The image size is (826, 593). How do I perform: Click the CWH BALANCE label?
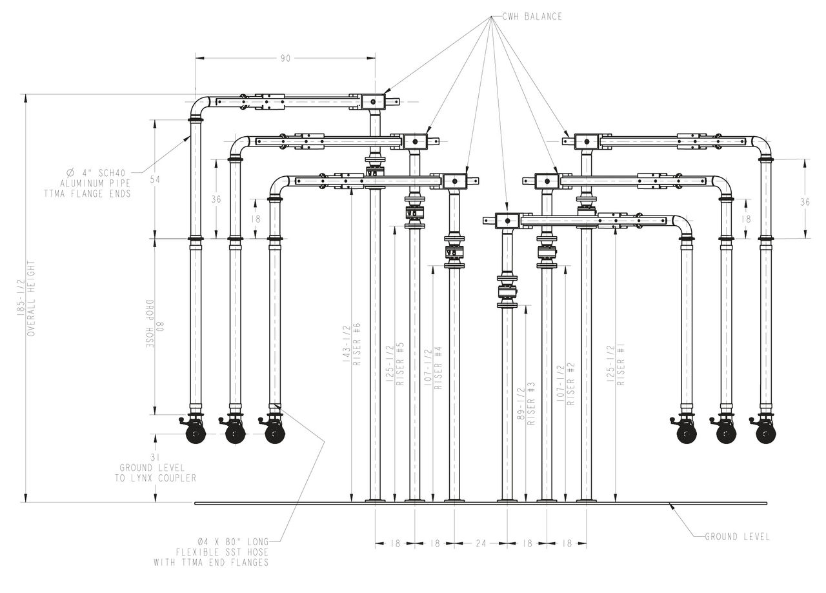(532, 17)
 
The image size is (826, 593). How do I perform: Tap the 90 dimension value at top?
(285, 59)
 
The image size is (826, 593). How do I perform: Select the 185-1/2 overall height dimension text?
(21, 297)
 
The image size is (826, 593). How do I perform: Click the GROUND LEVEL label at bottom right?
(737, 537)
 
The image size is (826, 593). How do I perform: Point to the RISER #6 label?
(357, 344)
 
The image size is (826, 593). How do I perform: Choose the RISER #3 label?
(531, 403)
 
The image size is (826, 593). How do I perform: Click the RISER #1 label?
(621, 365)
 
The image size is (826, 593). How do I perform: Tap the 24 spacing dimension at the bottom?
(481, 543)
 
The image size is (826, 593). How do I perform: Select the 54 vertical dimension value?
(156, 179)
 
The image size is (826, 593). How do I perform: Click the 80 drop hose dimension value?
(160, 327)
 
